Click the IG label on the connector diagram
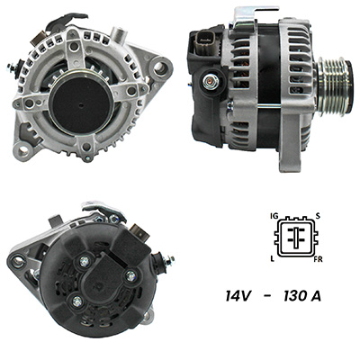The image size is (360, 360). point(274,216)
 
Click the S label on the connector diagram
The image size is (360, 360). point(318,216)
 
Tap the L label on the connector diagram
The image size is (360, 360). point(273,259)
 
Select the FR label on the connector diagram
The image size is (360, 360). point(318,259)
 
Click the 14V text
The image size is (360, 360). point(237,296)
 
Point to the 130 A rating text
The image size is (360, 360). point(302,296)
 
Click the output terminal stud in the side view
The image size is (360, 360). point(210,81)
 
